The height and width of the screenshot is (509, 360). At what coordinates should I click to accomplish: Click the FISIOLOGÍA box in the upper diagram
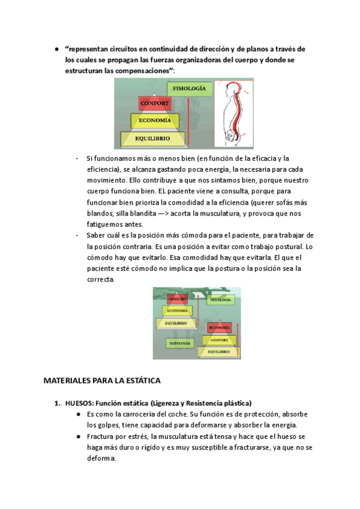pyautogui.click(x=190, y=89)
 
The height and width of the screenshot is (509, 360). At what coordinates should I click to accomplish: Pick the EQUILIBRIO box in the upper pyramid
pyautogui.click(x=152, y=139)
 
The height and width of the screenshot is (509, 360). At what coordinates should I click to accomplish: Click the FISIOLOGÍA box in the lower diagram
pyautogui.click(x=220, y=299)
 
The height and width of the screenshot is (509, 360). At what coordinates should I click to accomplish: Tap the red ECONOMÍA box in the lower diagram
pyautogui.click(x=219, y=328)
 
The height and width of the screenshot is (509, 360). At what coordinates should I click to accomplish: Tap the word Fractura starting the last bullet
pyautogui.click(x=100, y=436)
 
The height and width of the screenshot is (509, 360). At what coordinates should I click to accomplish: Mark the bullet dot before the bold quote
pyautogui.click(x=56, y=49)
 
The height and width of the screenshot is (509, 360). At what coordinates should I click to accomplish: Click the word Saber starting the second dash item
pyautogui.click(x=97, y=235)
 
